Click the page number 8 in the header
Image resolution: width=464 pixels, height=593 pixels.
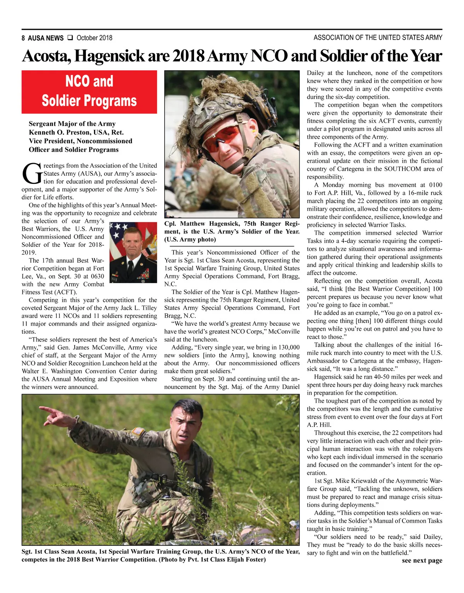23,38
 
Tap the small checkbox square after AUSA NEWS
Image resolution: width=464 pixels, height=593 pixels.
70,38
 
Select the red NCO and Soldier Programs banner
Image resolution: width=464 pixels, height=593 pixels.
89,92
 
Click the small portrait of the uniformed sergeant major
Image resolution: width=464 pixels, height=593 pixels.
133,251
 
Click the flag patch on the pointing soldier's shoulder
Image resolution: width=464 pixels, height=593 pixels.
138,432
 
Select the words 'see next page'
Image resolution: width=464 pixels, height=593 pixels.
422,561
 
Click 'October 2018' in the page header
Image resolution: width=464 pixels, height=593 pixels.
94,38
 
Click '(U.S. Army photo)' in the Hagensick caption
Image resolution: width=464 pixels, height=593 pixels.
190,240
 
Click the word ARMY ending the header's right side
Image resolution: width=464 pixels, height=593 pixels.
433,38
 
